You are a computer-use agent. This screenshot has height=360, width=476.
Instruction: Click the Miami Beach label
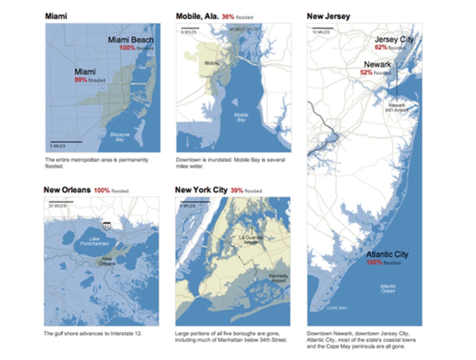[x=131, y=40]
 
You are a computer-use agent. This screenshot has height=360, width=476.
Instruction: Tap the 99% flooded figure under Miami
[x=81, y=80]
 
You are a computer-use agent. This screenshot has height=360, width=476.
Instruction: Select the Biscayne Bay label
[x=120, y=137]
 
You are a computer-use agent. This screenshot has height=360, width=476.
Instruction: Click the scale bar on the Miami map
[x=66, y=142]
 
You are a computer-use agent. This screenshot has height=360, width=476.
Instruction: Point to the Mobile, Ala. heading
[x=197, y=16]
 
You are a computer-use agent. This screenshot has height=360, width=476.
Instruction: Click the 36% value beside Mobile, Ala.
[x=228, y=17]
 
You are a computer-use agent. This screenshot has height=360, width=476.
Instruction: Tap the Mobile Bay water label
[x=241, y=117]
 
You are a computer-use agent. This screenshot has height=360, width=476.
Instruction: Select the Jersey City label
[x=394, y=39]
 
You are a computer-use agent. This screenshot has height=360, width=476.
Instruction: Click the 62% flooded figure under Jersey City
[x=381, y=47]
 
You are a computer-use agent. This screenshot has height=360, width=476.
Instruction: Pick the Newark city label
[x=377, y=64]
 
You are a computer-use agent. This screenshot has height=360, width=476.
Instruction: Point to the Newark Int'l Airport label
[x=397, y=108]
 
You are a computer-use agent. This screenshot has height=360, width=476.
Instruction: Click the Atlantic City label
[x=387, y=254]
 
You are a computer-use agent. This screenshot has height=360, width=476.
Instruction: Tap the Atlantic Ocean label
[x=388, y=289]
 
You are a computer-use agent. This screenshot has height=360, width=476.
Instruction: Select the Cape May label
[x=337, y=308]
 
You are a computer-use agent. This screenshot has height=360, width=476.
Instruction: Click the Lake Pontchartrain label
[x=94, y=241]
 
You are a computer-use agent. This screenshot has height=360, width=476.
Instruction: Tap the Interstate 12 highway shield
[x=106, y=226]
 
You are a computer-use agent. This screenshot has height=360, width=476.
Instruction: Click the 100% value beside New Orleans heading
[x=101, y=191]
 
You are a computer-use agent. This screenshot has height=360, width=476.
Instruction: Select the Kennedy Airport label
[x=278, y=278]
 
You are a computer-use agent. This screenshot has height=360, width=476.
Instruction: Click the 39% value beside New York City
[x=237, y=191]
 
